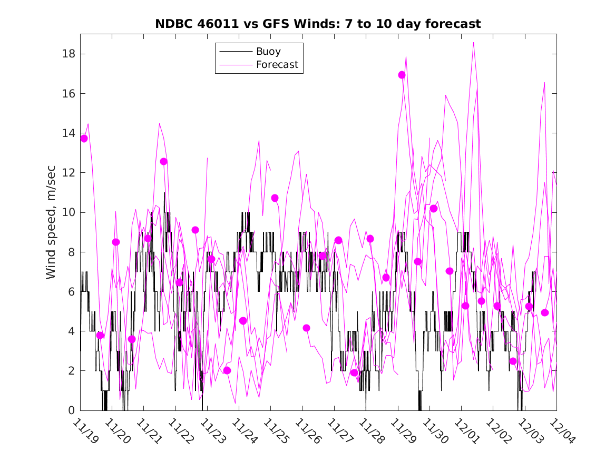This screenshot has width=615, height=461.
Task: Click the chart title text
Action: click(x=318, y=24)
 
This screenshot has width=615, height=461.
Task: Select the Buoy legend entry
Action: click(x=268, y=52)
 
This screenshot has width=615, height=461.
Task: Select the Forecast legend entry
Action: click(x=277, y=65)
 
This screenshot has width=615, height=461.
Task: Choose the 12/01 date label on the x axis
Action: click(x=466, y=431)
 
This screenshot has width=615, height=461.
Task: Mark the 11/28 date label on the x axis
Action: click(x=370, y=431)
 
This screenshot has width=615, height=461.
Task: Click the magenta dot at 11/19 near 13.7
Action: click(x=84, y=139)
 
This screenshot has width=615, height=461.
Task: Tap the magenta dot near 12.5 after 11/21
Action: click(x=163, y=161)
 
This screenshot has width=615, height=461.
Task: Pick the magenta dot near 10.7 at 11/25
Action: click(x=275, y=198)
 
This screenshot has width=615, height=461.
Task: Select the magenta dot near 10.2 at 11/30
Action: click(x=434, y=209)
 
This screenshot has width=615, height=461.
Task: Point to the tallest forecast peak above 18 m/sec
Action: click(x=474, y=43)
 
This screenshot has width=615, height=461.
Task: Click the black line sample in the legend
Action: click(x=235, y=52)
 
